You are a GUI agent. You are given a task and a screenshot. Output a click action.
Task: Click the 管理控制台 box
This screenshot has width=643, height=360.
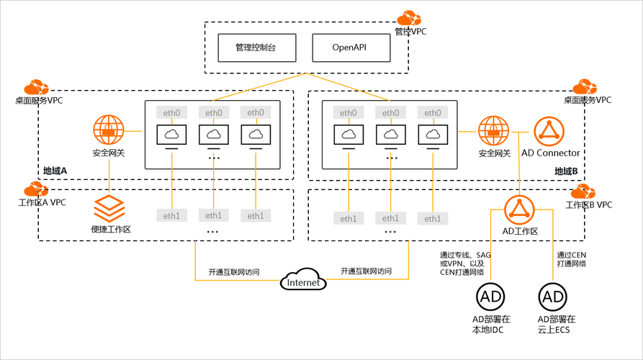coord(256,48)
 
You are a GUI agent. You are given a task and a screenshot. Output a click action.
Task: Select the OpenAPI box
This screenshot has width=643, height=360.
coord(351,48)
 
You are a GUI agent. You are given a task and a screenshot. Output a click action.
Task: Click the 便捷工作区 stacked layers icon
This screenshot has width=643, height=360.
coord(109,208)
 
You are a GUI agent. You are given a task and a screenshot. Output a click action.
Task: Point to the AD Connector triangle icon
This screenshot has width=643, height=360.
coord(549,132)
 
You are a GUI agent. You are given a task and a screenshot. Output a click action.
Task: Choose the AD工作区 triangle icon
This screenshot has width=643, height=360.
coord(518,209)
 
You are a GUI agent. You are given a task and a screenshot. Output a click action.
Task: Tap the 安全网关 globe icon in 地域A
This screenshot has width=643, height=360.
coord(109,131)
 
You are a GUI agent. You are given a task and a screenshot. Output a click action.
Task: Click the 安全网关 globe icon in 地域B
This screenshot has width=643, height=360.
coord(494,131)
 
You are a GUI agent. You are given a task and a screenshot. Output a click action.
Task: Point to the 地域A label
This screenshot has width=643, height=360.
coord(55,171)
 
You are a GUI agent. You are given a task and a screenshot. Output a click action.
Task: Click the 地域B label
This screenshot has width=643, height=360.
coord(567,171)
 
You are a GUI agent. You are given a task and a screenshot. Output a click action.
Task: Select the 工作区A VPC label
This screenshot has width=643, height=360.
coord(42,203)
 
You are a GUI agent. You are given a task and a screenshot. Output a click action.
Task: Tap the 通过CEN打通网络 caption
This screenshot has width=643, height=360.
coord(572,259)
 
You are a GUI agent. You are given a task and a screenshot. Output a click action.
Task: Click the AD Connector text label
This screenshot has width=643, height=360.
coord(550,153)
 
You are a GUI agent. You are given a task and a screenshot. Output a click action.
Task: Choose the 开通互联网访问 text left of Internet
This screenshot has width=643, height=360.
coord(234,272)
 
